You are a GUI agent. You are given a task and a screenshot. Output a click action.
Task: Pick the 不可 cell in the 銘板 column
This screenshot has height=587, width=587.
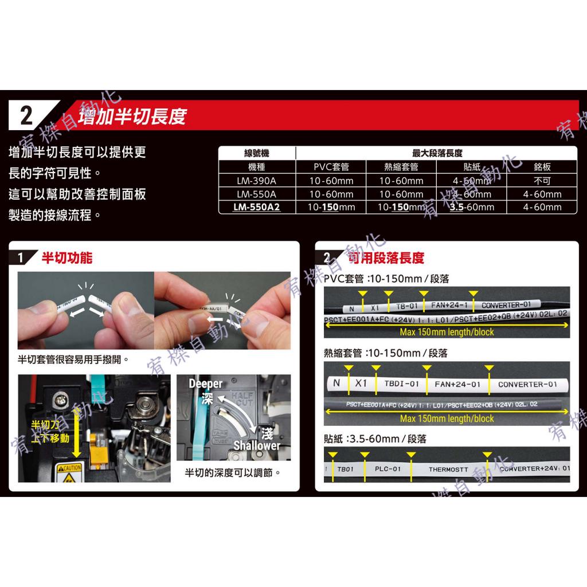542,181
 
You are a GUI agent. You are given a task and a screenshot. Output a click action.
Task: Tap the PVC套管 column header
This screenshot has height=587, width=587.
331,167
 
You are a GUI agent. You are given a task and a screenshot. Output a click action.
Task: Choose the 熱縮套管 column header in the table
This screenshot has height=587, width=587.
401,167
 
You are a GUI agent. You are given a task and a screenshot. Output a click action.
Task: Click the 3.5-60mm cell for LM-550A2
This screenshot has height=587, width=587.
472,207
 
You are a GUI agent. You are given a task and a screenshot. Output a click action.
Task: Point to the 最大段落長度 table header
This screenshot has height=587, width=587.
437,153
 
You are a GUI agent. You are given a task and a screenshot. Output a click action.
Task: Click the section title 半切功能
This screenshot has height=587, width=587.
67,258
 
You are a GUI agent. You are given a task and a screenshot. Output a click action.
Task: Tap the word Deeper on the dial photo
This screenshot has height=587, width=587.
205,383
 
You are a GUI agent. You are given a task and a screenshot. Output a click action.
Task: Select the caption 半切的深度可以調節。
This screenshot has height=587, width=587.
233,473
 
